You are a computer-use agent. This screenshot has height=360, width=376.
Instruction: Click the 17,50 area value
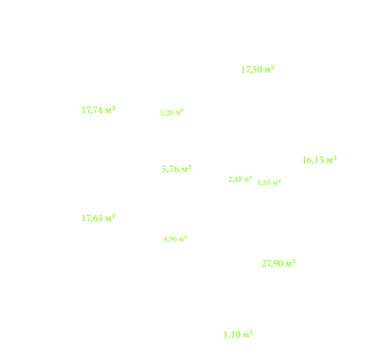pos(252,70)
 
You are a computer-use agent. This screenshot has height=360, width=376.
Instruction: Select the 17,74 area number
pos(92,111)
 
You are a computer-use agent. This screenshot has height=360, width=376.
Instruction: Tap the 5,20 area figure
pos(167,113)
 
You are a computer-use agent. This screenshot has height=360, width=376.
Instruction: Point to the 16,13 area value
pos(313,160)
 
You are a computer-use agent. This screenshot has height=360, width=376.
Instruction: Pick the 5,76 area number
pos(170,170)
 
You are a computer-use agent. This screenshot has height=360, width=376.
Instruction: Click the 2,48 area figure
pos(235,179)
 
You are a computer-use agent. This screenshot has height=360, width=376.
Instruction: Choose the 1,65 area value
pos(264,183)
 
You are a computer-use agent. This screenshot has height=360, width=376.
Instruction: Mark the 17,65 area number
pos(92,219)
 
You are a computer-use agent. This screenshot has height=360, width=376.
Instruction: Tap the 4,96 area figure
pos(170,239)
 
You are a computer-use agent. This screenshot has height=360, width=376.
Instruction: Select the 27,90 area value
pos(273,264)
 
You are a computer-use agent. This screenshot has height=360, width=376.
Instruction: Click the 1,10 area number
pos(232,335)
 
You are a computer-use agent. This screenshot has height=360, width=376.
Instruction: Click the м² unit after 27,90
pos(290,263)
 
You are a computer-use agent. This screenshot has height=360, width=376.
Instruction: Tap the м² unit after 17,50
pos(269,69)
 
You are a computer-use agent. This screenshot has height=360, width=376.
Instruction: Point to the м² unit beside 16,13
pos(332,159)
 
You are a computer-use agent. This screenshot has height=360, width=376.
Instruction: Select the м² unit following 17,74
pos(111,110)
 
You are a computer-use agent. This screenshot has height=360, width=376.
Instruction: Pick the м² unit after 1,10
pos(248,334)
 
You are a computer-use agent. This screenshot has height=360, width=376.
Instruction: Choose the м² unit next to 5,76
pos(186,169)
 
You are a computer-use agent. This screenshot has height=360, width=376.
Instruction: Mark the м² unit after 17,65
pos(111,218)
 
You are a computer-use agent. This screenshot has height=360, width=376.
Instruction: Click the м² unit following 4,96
pos(182,238)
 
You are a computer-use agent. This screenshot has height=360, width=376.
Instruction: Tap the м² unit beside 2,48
pos(248,179)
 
